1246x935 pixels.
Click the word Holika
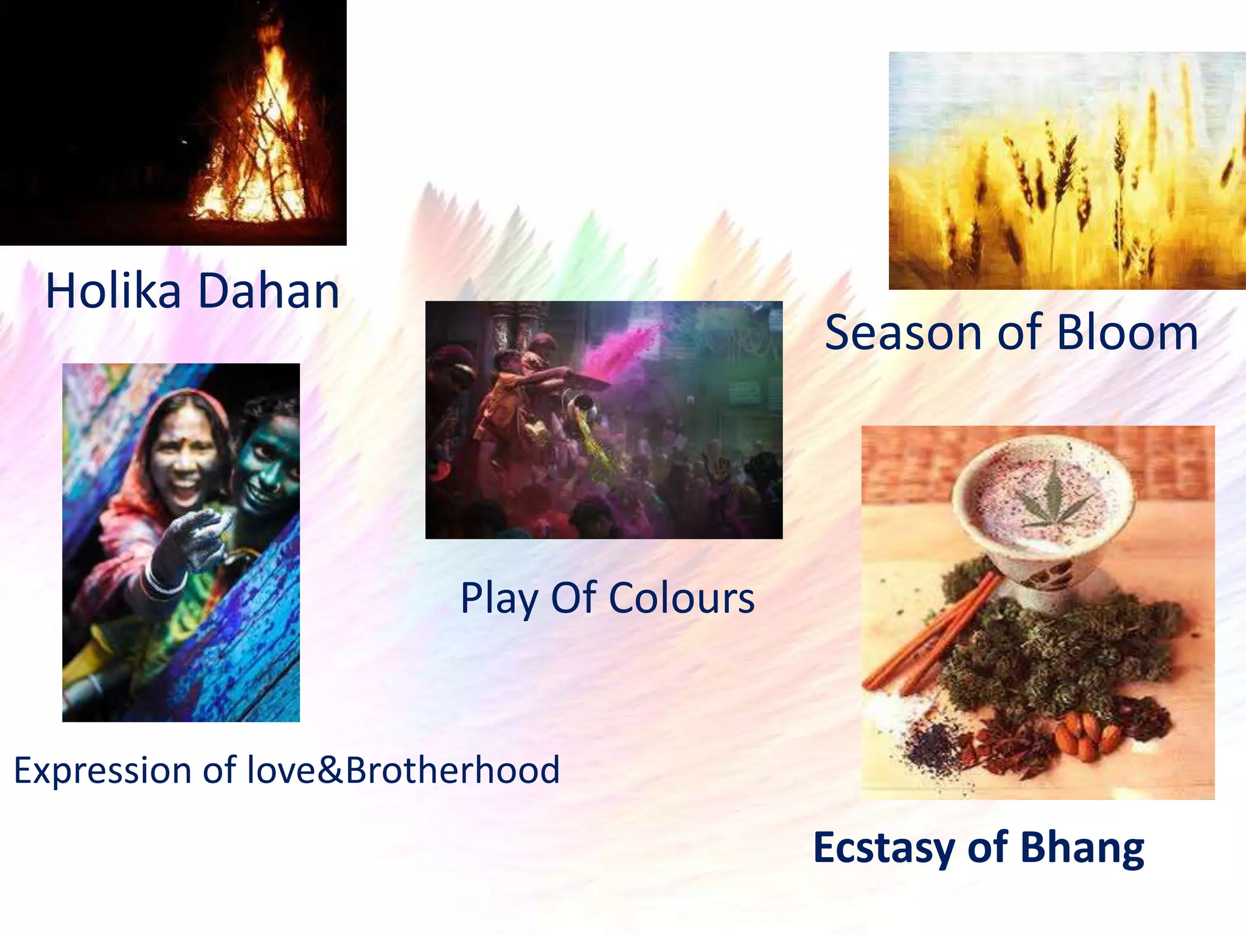pyautogui.click(x=113, y=291)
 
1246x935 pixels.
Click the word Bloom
pyautogui.click(x=1127, y=333)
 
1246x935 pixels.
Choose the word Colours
pyautogui.click(x=681, y=598)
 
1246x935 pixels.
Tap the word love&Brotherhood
pyautogui.click(x=403, y=770)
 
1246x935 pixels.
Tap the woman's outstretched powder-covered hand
pyautogui.click(x=195, y=536)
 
